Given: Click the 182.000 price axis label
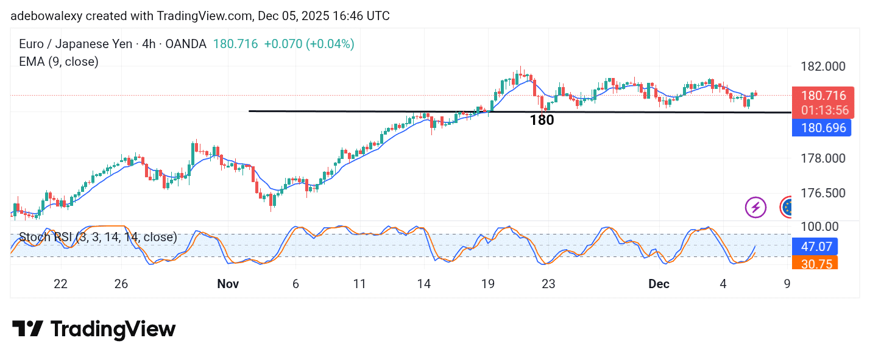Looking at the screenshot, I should coord(822,66).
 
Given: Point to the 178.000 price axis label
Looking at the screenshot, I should coord(822,158).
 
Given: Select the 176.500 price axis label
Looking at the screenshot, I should coord(822,193).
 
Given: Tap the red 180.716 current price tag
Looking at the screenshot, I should coord(823,96).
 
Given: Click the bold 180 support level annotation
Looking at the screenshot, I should coord(542,121).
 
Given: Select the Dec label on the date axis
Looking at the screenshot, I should coord(659,284).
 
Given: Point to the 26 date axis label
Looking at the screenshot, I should coord(121,284).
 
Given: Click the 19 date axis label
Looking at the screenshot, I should coord(487,284).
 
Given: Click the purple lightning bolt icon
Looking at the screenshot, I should coord(755,207).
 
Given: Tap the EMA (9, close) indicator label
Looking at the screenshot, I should coord(59,62).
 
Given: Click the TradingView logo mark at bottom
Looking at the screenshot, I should coord(27,330).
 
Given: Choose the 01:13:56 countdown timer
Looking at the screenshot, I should coord(825,110).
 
